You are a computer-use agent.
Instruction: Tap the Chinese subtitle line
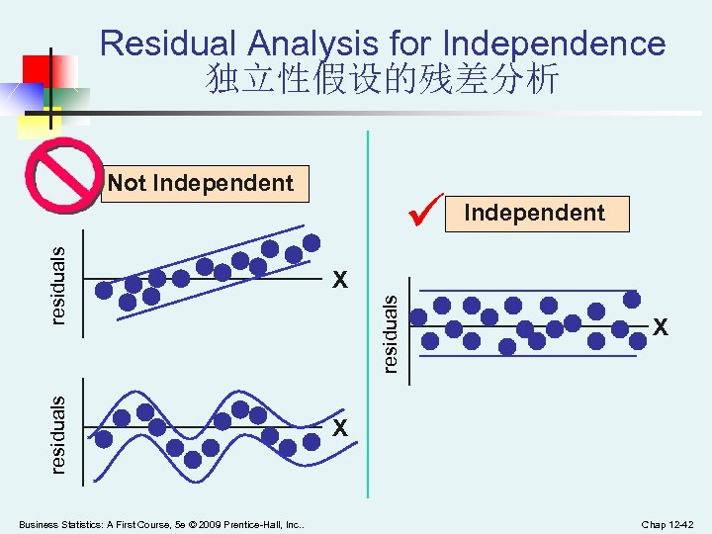383,79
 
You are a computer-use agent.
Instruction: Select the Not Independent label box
202,183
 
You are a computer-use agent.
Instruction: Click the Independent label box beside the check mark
535,213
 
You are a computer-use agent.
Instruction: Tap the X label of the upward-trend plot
339,280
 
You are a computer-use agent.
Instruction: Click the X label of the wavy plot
339,428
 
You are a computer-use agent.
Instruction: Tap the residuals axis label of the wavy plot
59,433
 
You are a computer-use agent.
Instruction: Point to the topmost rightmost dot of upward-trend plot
311,242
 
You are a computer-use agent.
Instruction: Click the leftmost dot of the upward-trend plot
104,289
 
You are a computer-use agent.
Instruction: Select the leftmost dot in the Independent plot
419,317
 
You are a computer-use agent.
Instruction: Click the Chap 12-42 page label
668,523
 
